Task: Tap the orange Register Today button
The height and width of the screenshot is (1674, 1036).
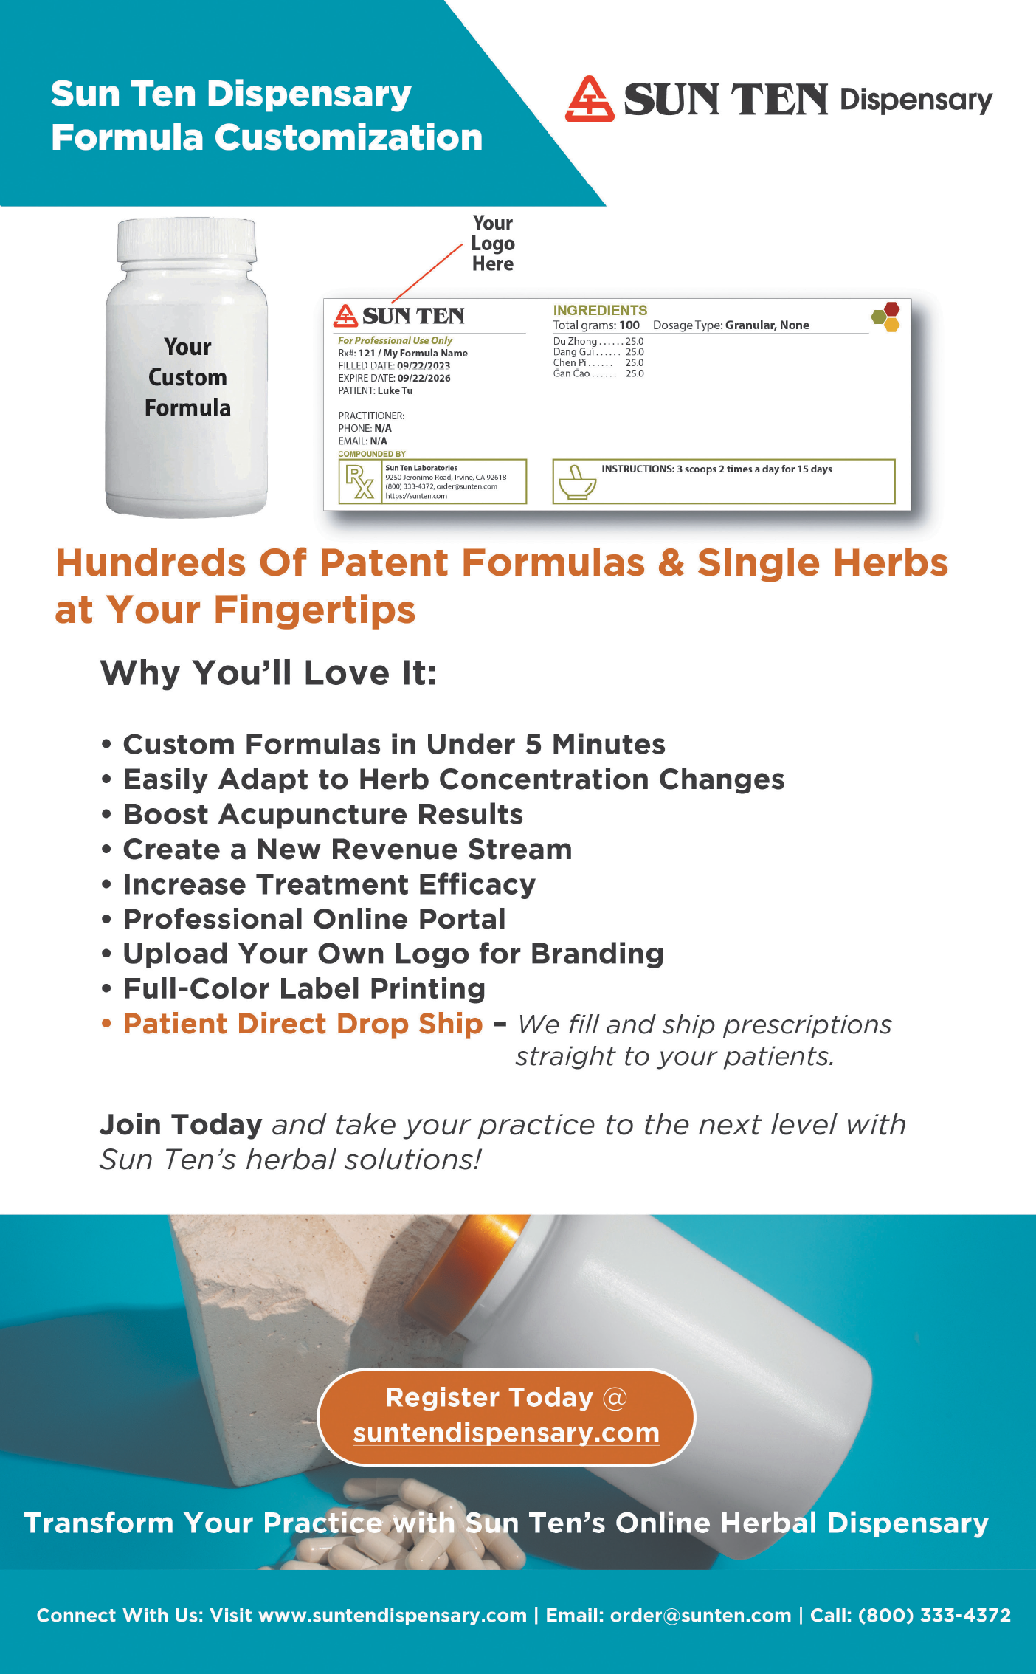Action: coord(506,1416)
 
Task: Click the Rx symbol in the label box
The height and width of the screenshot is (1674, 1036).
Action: coord(359,481)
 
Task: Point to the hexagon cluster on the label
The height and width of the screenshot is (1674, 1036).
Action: coord(885,317)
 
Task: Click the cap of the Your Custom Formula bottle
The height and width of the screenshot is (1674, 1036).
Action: coord(187,241)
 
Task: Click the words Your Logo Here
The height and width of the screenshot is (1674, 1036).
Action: coord(493,244)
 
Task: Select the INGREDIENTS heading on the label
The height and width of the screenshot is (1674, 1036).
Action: coord(600,310)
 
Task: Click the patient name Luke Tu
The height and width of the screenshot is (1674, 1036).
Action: coord(395,390)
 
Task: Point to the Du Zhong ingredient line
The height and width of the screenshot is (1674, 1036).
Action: coord(598,341)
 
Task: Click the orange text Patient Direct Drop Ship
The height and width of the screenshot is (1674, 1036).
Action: coord(303,1024)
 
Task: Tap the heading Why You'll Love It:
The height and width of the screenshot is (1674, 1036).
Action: coord(269,672)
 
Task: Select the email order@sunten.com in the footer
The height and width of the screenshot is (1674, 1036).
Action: coord(700,1615)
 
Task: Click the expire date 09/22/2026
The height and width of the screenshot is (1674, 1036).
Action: coord(424,378)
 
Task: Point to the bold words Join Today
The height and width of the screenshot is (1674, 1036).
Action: coord(181,1124)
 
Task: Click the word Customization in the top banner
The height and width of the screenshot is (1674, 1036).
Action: coord(348,137)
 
